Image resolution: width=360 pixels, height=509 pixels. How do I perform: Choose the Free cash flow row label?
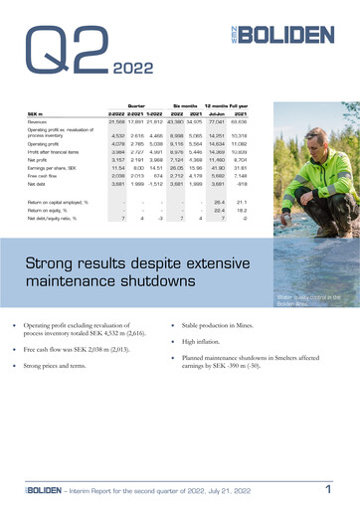point(46,175)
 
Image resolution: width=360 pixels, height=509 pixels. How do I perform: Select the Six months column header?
point(186,105)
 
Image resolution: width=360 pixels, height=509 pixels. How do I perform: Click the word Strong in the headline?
point(54,264)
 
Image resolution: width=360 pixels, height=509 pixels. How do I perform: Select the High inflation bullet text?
point(210,340)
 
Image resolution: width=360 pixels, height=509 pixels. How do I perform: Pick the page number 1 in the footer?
point(328,488)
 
